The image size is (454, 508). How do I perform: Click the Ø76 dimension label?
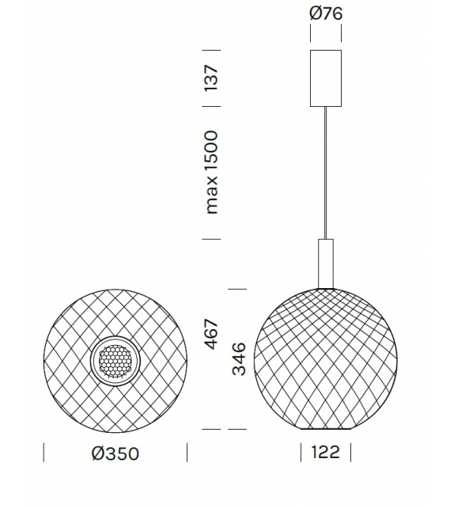point(326,13)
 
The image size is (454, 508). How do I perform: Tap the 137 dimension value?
point(210,78)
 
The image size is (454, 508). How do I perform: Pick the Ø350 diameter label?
point(115,453)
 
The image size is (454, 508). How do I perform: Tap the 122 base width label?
point(326,453)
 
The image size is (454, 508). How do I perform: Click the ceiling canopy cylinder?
point(325,78)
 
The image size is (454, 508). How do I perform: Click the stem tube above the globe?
point(325,262)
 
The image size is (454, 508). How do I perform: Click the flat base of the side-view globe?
point(325,429)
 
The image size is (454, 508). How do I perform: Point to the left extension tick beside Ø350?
point(43,453)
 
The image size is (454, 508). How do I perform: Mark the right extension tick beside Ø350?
point(187,453)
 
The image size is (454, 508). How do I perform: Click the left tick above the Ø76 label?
point(310,34)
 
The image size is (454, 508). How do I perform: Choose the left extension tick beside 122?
point(301,453)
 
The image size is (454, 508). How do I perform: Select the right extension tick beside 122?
point(350,453)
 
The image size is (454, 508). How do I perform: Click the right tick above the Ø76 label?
point(341,34)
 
